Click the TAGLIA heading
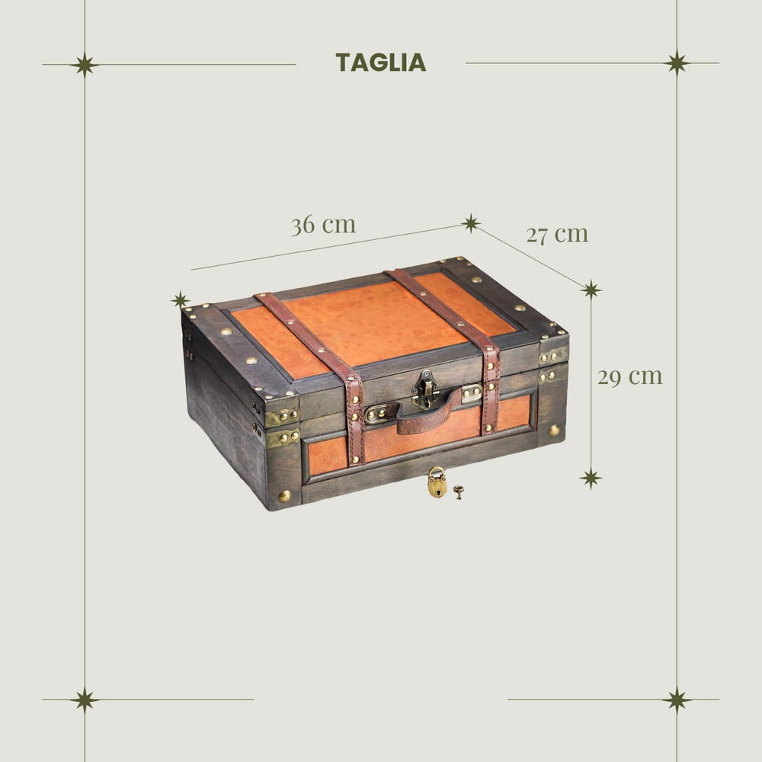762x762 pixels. pos(380,62)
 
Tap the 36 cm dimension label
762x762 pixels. pos(324,225)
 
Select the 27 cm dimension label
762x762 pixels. pos(557,234)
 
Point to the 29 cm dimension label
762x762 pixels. pos(630,376)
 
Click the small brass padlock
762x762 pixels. pos(437,482)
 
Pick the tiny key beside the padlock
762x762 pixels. pos(458,492)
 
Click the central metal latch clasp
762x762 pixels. pos(424,389)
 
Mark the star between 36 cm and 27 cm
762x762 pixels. pos(470,223)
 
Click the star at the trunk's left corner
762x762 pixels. pos(181,299)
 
